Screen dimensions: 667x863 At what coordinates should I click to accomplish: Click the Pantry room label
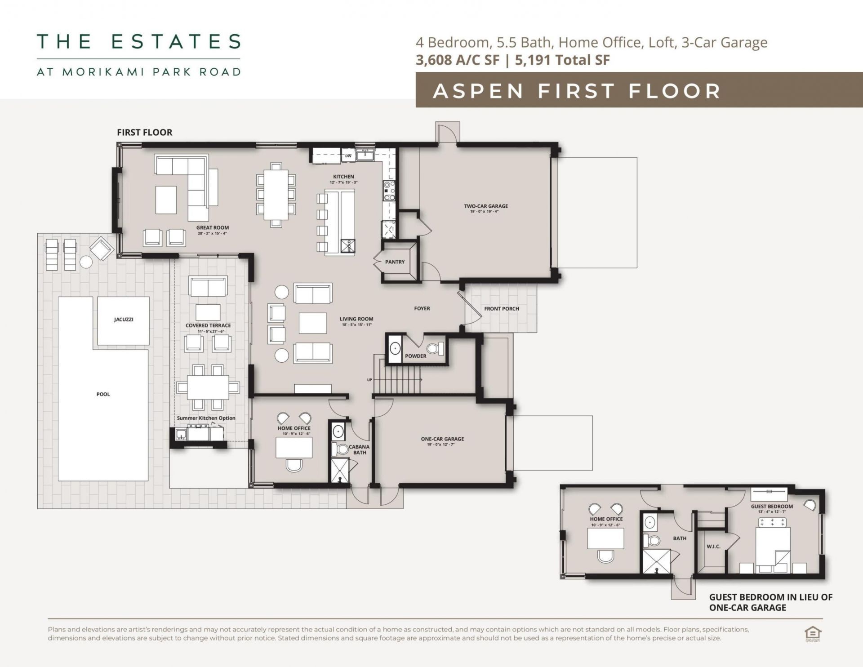[x=395, y=262]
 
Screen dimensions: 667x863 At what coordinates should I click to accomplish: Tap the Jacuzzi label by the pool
[x=123, y=320]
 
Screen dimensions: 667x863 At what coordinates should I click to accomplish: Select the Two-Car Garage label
[x=486, y=206]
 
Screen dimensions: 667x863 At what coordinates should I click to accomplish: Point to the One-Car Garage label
[x=442, y=439]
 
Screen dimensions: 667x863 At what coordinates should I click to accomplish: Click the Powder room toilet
[x=436, y=349]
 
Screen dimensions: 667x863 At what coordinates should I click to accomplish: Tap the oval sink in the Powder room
[x=395, y=349]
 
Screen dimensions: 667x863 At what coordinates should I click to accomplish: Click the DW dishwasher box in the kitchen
[x=348, y=156]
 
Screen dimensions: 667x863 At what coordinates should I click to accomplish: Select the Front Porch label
[x=502, y=309]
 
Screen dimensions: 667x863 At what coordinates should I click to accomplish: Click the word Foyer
[x=422, y=308]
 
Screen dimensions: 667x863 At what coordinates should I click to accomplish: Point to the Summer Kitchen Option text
[x=206, y=418]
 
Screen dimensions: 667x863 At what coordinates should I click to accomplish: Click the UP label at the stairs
[x=369, y=380]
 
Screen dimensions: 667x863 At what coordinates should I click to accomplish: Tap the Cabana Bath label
[x=359, y=449]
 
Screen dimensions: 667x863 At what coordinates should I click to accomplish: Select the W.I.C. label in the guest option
[x=713, y=547]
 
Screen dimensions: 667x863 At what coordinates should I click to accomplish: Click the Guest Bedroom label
[x=772, y=506]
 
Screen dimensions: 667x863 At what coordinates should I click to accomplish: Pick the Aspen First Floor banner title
[x=577, y=91]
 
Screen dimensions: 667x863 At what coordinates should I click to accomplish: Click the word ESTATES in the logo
[x=176, y=41]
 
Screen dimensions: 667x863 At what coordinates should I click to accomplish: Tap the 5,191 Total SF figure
[x=562, y=60]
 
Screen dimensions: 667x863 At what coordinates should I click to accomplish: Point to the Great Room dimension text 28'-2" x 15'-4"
[x=212, y=233]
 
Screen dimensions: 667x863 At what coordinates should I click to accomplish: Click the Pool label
[x=103, y=394]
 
